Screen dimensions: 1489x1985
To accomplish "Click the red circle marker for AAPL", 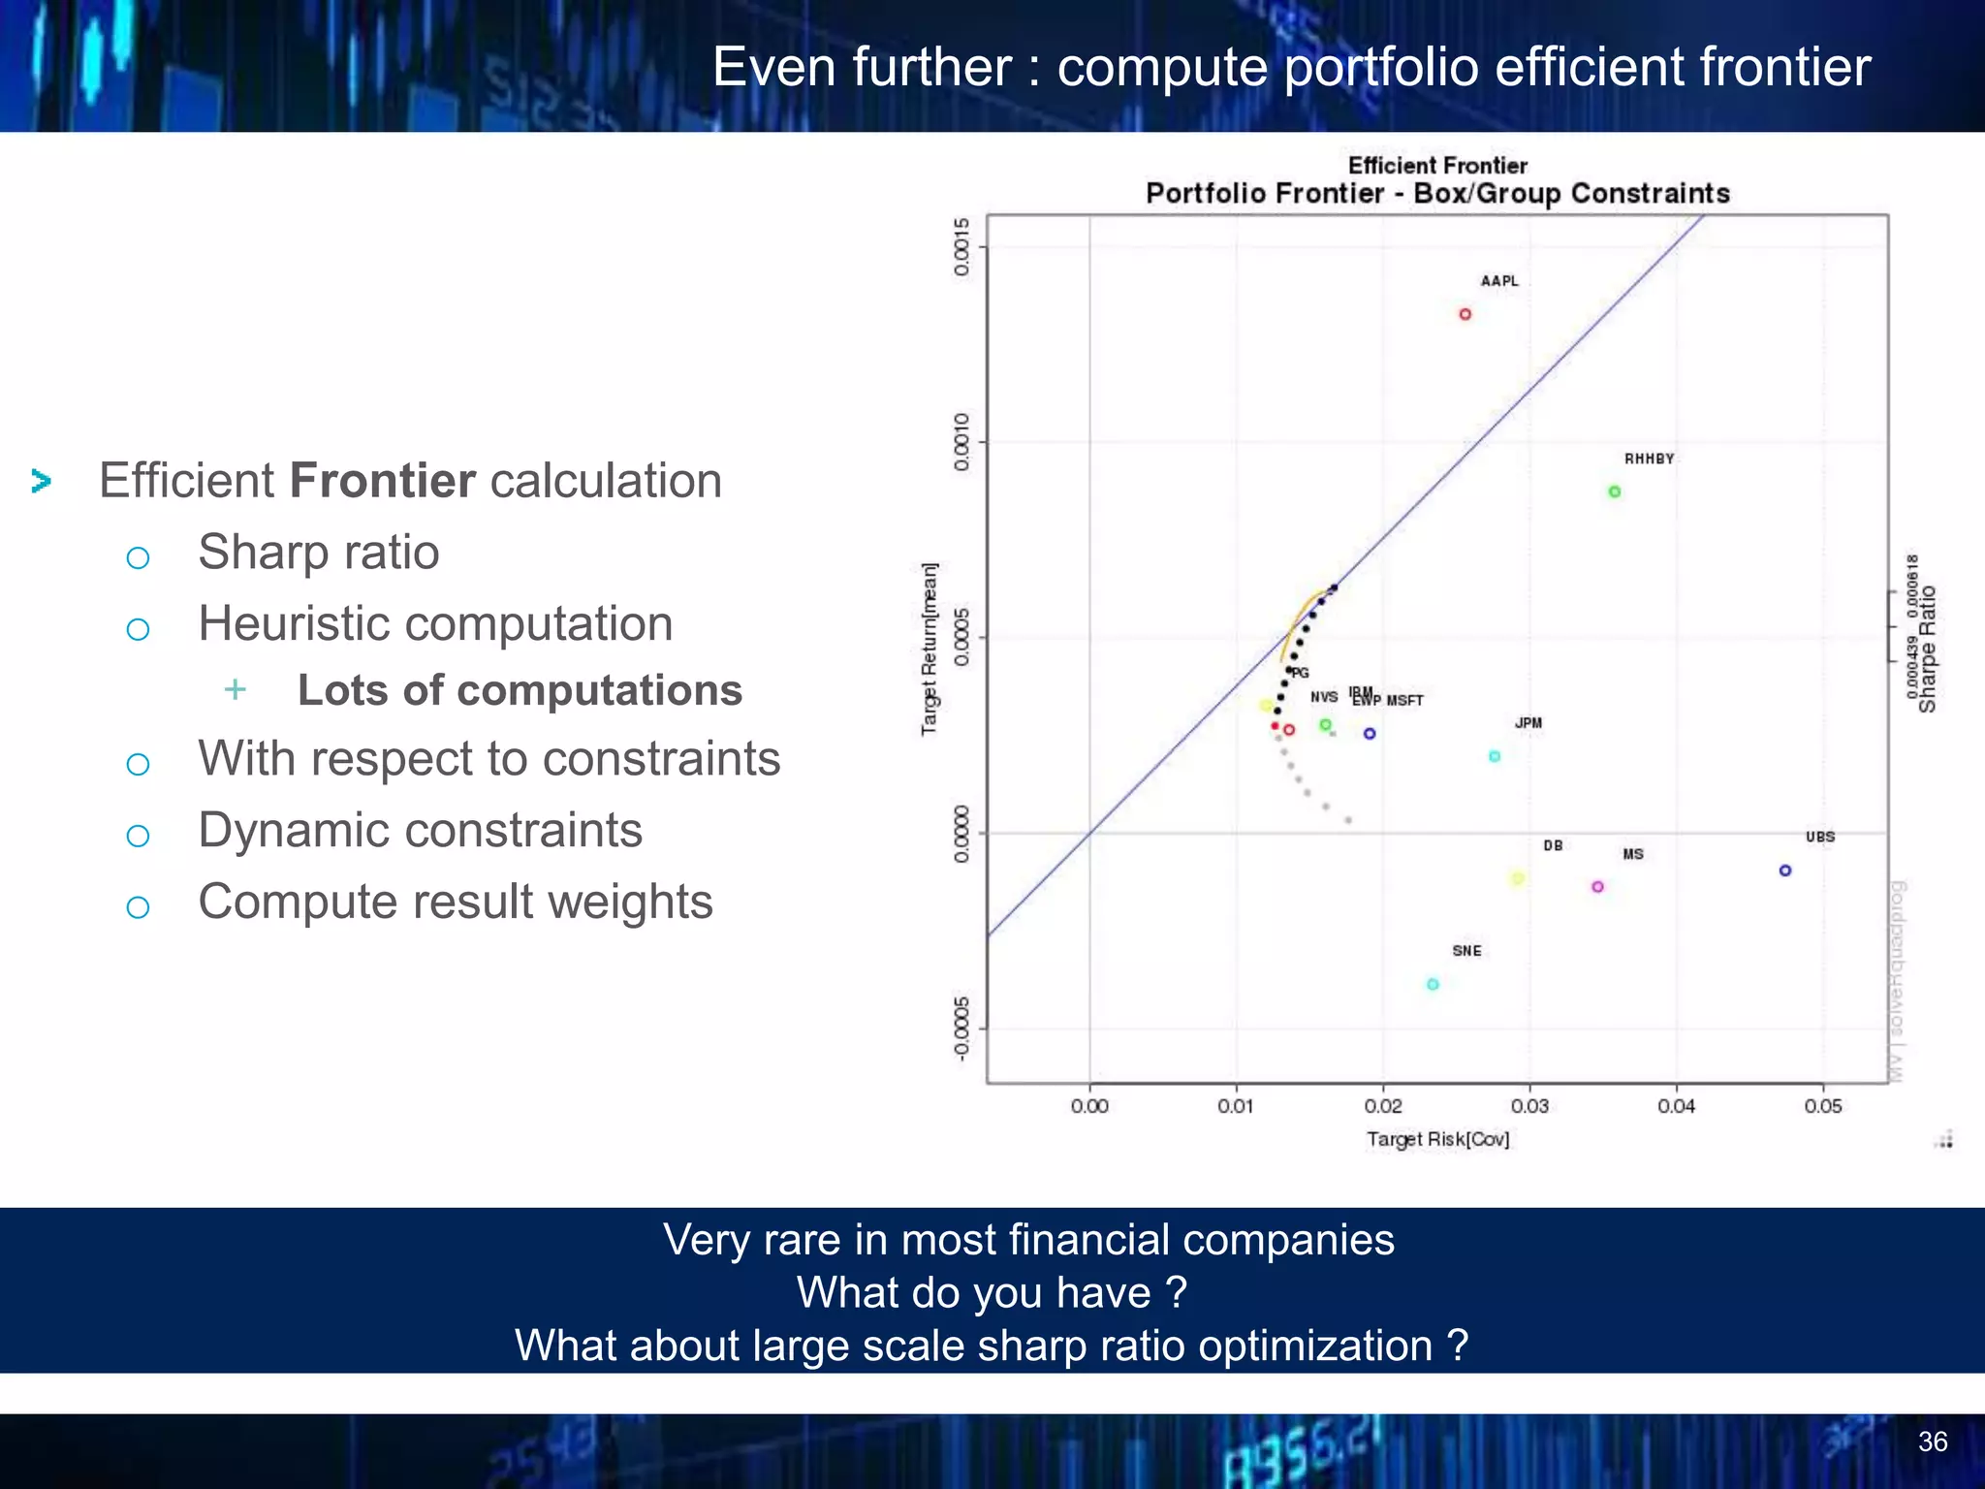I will [1465, 314].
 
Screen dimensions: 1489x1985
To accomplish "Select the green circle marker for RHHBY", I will [1615, 491].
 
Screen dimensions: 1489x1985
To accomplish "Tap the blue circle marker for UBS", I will [1785, 871].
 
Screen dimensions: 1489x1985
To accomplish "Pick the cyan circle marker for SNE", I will [1433, 985].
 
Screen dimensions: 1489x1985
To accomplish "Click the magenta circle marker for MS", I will [1597, 887].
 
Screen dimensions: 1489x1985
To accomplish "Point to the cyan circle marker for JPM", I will [1495, 756].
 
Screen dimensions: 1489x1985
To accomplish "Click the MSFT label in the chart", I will [1404, 701].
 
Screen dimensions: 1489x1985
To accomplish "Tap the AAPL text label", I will [1499, 281].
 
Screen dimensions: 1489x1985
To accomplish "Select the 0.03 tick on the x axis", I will [1529, 1106].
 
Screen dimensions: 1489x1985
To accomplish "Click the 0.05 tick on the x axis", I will [1823, 1106].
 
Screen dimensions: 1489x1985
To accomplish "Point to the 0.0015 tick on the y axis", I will [961, 247].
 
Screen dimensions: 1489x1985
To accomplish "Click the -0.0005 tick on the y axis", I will [961, 1029].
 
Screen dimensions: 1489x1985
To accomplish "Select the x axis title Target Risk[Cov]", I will [1437, 1139].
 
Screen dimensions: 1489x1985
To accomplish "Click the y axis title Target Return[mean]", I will [929, 649].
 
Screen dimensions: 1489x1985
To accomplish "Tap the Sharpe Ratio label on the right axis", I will [1928, 649].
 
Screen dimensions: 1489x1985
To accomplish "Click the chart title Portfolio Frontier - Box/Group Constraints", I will [1437, 193].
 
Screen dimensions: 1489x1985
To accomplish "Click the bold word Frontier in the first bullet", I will [383, 481].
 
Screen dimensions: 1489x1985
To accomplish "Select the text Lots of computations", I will [520, 690].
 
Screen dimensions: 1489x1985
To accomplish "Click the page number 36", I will [1932, 1441].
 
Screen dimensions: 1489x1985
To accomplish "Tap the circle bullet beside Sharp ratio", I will [138, 557].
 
